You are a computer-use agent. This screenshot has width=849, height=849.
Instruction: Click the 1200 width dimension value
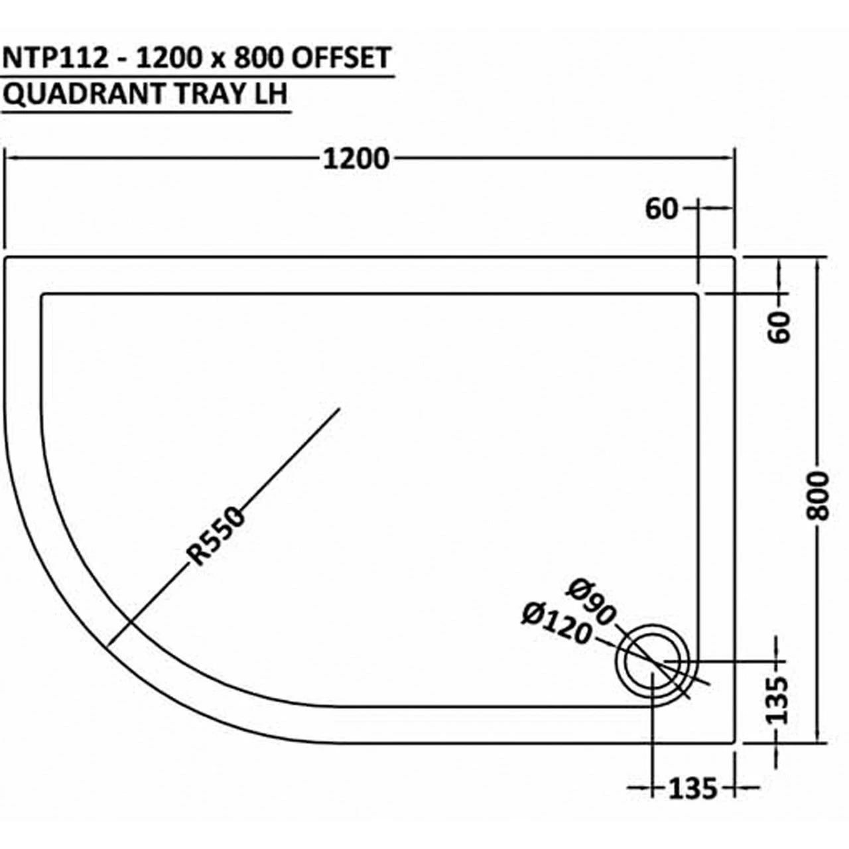(356, 160)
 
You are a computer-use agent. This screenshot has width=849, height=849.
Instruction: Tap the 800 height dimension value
(820, 495)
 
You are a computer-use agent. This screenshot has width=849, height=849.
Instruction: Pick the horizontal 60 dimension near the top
(661, 210)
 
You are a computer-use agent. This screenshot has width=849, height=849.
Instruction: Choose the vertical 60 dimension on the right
(781, 326)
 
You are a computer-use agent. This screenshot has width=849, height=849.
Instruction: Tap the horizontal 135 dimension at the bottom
(692, 789)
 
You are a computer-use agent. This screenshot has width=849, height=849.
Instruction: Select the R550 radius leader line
(279, 464)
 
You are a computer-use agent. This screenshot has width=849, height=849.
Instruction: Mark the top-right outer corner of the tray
(734, 257)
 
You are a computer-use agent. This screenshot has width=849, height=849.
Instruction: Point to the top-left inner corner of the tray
(43, 294)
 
